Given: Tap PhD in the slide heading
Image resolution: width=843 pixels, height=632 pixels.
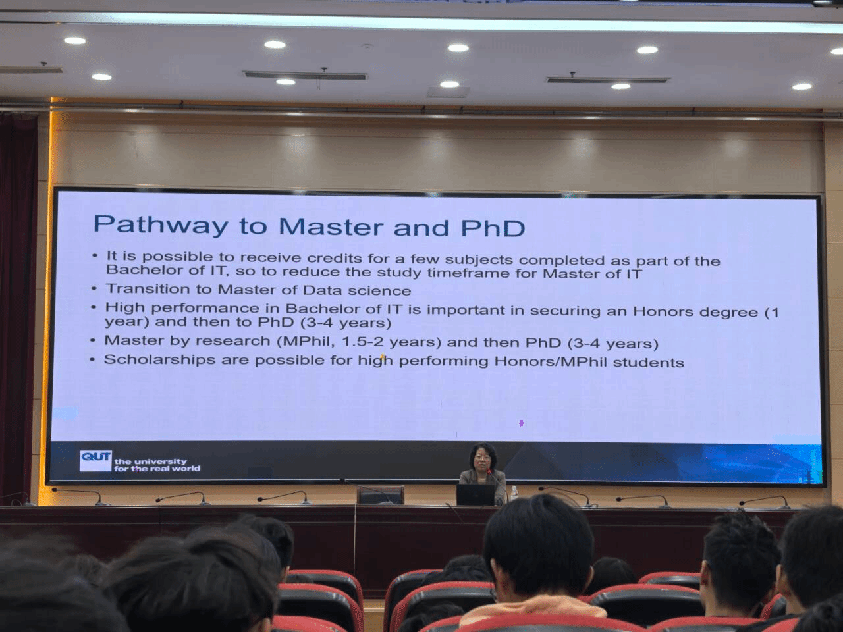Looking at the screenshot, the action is (x=493, y=227).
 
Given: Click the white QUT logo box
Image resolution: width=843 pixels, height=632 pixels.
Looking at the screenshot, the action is (x=95, y=460).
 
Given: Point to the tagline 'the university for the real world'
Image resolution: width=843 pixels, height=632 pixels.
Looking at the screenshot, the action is (x=157, y=465).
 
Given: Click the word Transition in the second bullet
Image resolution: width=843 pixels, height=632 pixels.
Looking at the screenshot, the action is (x=148, y=288).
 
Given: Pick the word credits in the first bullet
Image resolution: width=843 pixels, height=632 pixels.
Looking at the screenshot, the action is (x=334, y=258).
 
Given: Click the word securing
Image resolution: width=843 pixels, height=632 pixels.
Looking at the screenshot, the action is (x=564, y=311).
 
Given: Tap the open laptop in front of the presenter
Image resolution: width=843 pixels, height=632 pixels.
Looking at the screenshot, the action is (x=475, y=494).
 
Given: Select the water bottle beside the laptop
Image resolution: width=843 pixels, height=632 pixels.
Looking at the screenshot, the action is (x=514, y=494).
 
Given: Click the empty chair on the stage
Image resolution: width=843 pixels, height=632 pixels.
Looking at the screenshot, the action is (x=380, y=494).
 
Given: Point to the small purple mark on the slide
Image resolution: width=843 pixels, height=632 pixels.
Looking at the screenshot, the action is (x=521, y=423).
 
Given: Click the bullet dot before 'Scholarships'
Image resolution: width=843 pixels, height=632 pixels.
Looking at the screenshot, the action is (x=92, y=359).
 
